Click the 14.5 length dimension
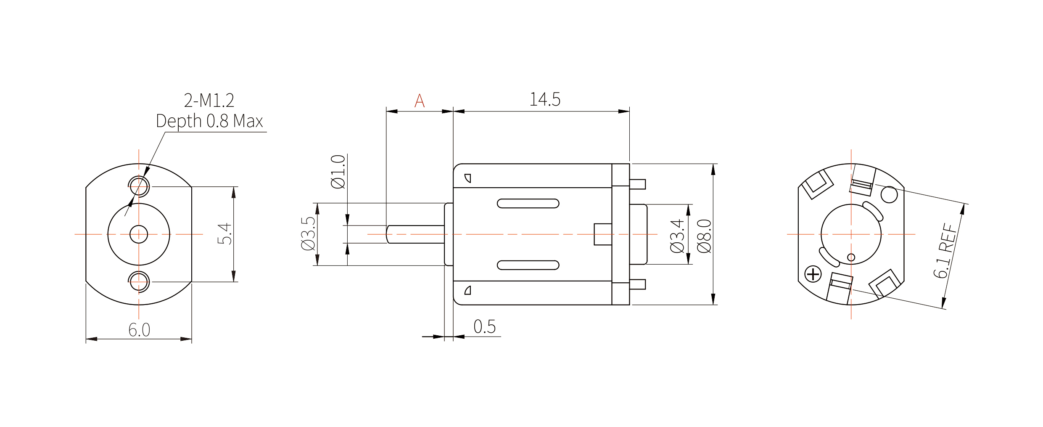pyautogui.click(x=545, y=99)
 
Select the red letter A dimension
pyautogui.click(x=420, y=101)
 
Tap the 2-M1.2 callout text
pyautogui.click(x=209, y=100)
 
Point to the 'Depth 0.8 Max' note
pyautogui.click(x=209, y=121)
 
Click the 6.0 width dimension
pyautogui.click(x=139, y=330)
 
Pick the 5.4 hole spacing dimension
pyautogui.click(x=224, y=234)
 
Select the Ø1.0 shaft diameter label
pyautogui.click(x=338, y=172)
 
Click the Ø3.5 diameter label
pyautogui.click(x=308, y=233)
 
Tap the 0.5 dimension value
pyautogui.click(x=485, y=326)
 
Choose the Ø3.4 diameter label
pyautogui.click(x=677, y=236)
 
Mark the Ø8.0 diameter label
pyautogui.click(x=704, y=236)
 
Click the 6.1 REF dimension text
pyautogui.click(x=945, y=251)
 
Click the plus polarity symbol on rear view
pyautogui.click(x=813, y=274)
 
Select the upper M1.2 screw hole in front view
pyautogui.click(x=139, y=186)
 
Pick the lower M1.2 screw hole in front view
pyautogui.click(x=139, y=282)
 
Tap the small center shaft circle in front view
pyautogui.click(x=139, y=234)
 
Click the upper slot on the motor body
pyautogui.click(x=528, y=204)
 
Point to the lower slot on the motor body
pyautogui.click(x=528, y=265)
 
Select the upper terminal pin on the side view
pyautogui.click(x=637, y=184)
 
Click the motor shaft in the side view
pyautogui.click(x=415, y=234)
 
